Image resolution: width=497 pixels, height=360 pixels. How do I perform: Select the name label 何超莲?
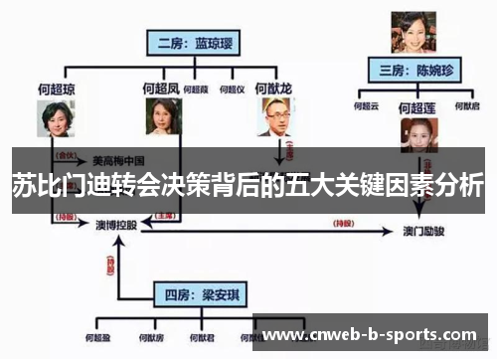(x=417, y=105)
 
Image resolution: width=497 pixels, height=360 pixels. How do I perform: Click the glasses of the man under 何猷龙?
(x=273, y=113)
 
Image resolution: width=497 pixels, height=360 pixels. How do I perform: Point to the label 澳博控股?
(x=116, y=226)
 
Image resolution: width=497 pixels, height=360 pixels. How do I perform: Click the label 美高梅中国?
(x=118, y=158)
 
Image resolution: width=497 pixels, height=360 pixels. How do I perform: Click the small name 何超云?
(x=368, y=104)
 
